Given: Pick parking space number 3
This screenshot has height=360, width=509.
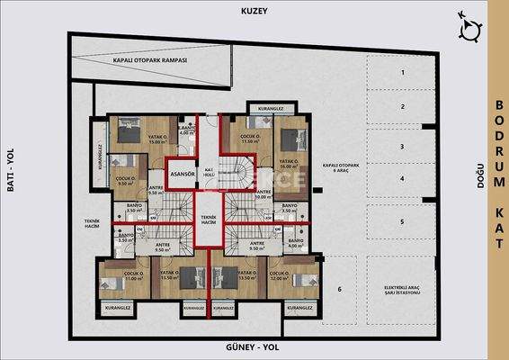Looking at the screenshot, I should pyautogui.click(x=404, y=146).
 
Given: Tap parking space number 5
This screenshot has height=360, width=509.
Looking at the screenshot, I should pyautogui.click(x=404, y=221).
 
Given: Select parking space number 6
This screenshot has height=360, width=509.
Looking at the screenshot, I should pyautogui.click(x=340, y=289).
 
